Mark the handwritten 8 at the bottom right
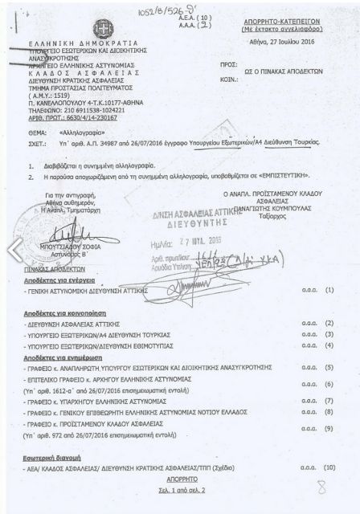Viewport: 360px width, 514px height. pyautogui.click(x=321, y=487)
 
